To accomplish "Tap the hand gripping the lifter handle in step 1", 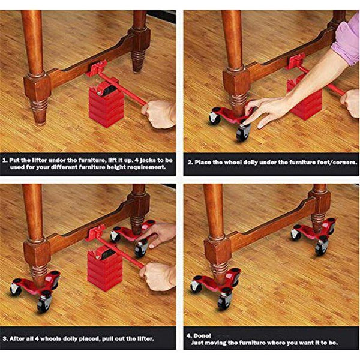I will click(x=159, y=112).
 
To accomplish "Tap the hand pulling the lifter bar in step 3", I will click(x=157, y=276).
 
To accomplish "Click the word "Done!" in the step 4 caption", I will click(x=204, y=334).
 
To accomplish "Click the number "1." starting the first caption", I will click(x=7, y=161).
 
